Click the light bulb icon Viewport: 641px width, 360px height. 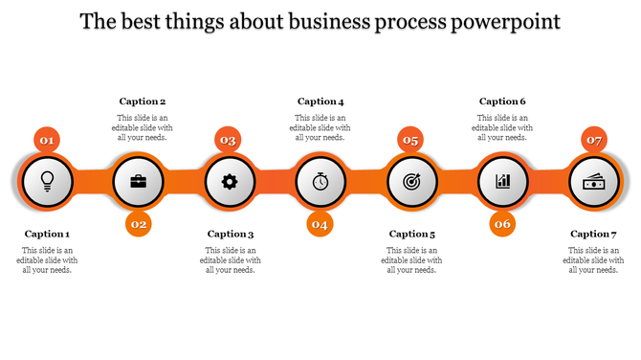[46, 180]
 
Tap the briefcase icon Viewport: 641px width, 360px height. [139, 180]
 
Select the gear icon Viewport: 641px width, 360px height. [229, 180]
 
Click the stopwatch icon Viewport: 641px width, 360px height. [320, 180]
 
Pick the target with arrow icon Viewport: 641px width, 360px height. [412, 180]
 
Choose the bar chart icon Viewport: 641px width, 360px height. [503, 180]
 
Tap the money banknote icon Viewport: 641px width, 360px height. [594, 180]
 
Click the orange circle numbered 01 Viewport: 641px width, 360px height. [47, 141]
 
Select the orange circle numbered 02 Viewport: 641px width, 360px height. [139, 224]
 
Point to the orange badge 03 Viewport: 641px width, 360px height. [228, 141]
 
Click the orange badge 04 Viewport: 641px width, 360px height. [320, 224]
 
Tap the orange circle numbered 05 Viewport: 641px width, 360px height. [410, 141]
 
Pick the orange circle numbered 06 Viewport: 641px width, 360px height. [503, 224]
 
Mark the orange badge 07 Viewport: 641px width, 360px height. [594, 141]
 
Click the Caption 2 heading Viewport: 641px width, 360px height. [143, 101]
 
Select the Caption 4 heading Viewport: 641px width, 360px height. [320, 101]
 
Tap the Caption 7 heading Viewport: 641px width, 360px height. [594, 234]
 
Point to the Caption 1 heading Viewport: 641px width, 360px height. [47, 234]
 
